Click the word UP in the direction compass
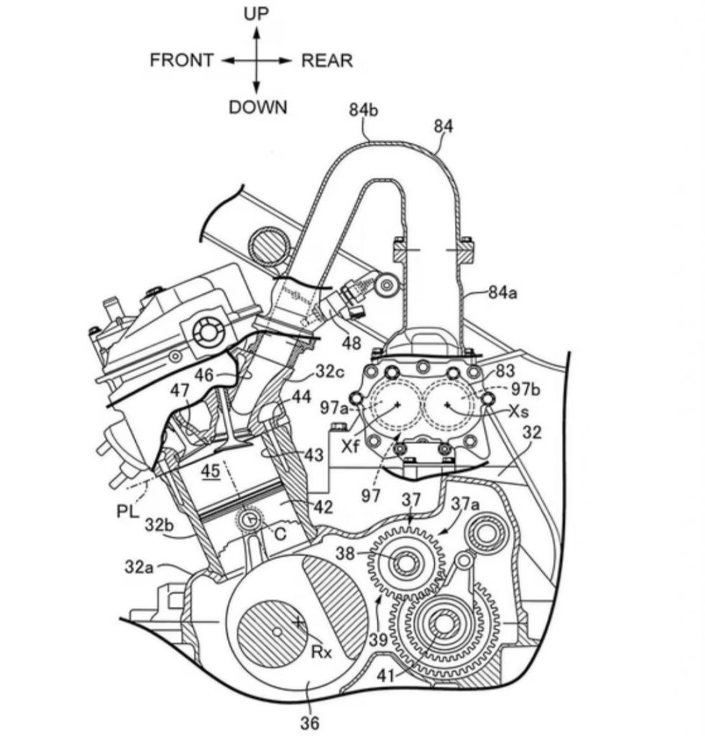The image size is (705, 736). coord(257,14)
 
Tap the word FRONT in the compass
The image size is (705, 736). coord(182,60)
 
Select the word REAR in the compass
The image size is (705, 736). coord(327,60)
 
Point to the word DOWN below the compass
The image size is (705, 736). coord(257,108)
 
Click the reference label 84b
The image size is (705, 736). coord(364,110)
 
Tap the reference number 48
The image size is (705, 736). coord(351,344)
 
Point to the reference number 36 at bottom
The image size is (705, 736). coord(309,722)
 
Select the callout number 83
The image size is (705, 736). coord(506,372)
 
